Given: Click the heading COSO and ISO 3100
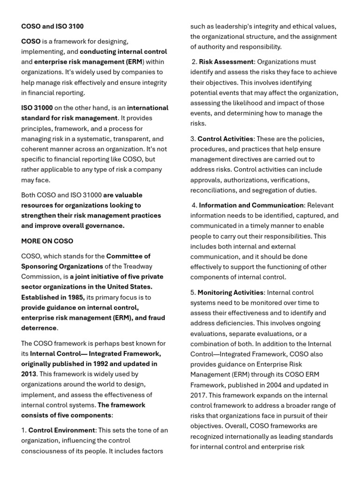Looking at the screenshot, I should tap(52, 26).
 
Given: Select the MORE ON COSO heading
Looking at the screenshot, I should tap(47, 241).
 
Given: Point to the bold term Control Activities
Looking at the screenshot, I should tap(225, 139).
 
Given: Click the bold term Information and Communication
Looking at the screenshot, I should tap(251, 205).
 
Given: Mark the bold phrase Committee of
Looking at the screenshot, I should tap(128, 256).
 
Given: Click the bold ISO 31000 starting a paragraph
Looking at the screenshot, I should tap(37, 108).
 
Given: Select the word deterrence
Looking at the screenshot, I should tap(39, 328).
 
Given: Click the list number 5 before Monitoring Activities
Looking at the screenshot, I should tap(193, 292).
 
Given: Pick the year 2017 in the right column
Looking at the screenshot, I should tap(199, 396).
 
